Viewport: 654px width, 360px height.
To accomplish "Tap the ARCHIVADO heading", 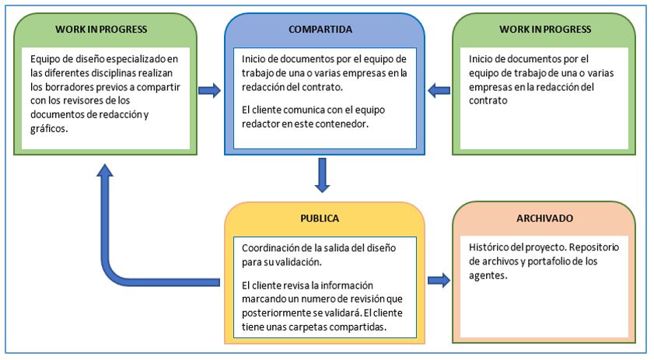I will point(544,219).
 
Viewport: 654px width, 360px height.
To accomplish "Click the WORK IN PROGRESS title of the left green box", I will point(101,30).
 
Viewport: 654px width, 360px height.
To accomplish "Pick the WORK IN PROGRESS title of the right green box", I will point(544,30).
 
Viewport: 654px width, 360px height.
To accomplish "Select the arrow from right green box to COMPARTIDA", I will point(439,90).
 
